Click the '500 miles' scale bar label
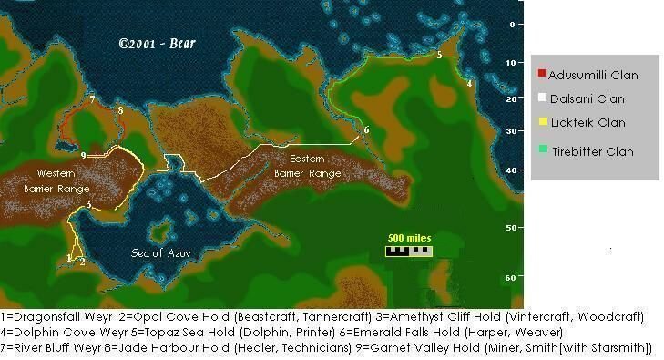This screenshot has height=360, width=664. coord(408,239)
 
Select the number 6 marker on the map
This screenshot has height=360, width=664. coord(365,130)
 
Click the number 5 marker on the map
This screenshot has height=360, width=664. coord(439,56)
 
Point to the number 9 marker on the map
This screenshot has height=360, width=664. coord(83,156)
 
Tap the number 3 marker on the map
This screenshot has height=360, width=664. coord(87,204)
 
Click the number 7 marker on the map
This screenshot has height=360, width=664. coord(92,99)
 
